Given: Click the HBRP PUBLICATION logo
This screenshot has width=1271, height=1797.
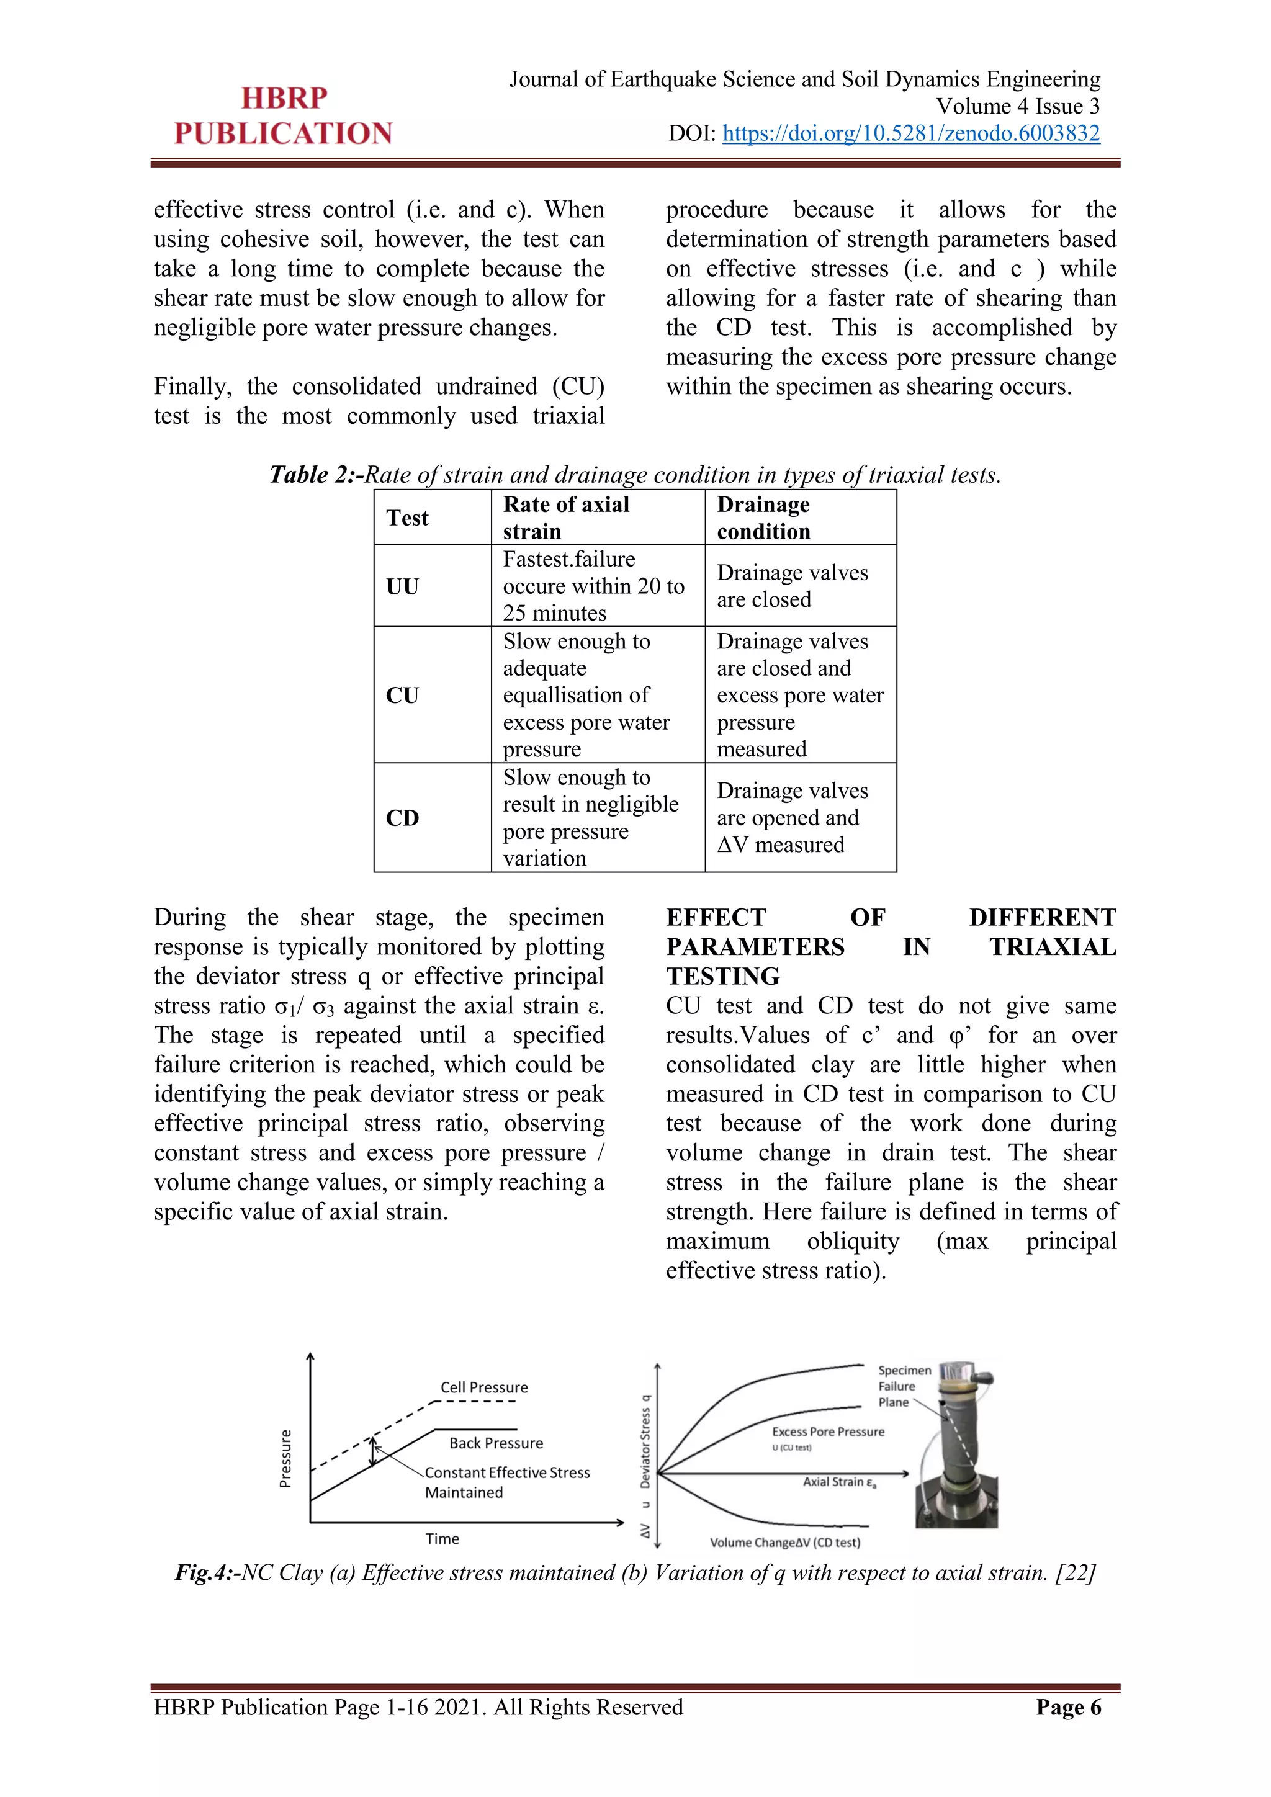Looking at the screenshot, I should pos(284,116).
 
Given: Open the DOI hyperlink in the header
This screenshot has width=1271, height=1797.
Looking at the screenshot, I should pos(910,133).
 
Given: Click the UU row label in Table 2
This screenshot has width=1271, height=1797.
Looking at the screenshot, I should pos(402,586).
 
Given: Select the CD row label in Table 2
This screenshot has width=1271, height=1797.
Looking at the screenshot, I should pos(402,818).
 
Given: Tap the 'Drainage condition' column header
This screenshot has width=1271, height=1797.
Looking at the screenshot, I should pos(763,518).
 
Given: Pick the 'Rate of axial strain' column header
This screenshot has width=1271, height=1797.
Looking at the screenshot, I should pos(566,518).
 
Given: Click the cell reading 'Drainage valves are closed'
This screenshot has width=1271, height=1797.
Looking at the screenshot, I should pos(791,586).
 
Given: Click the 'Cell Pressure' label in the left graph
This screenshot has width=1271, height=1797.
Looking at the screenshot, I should pos(483,1387).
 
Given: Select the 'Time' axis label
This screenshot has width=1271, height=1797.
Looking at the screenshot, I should pos(442,1539).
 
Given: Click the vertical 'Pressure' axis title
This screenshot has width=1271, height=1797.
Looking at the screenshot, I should pos(285,1458).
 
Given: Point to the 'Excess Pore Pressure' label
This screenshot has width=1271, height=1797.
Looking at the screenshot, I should pos(827,1432).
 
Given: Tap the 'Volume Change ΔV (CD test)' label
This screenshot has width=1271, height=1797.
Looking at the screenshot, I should pos(784,1543).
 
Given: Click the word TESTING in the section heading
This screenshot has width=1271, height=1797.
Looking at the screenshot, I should pos(722,976).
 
